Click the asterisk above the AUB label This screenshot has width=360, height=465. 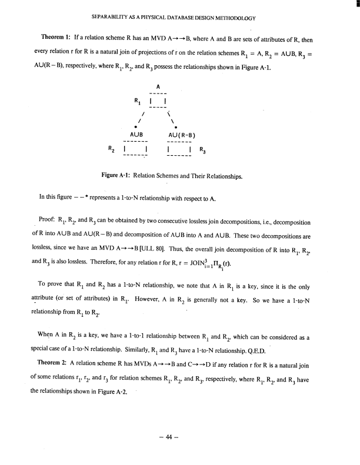136,126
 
